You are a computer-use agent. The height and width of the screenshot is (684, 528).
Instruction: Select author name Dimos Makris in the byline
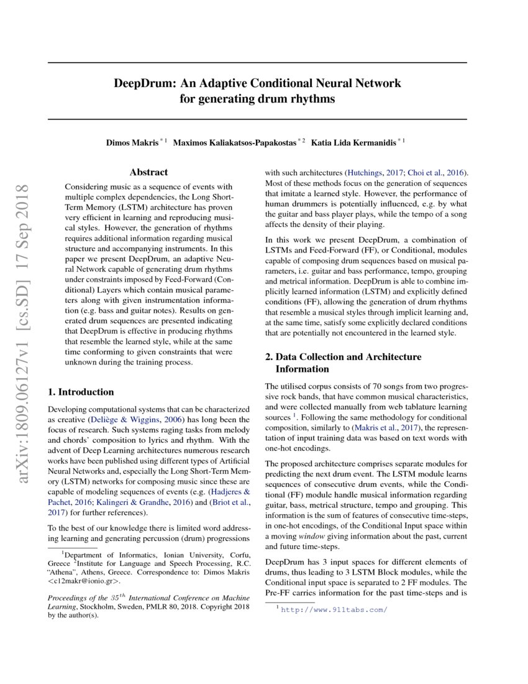click(x=132, y=142)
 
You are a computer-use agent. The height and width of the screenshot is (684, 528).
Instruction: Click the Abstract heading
click(x=148, y=172)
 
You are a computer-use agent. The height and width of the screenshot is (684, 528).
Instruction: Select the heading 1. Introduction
click(x=81, y=392)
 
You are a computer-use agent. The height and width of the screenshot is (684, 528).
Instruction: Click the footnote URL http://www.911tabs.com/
click(x=334, y=610)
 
